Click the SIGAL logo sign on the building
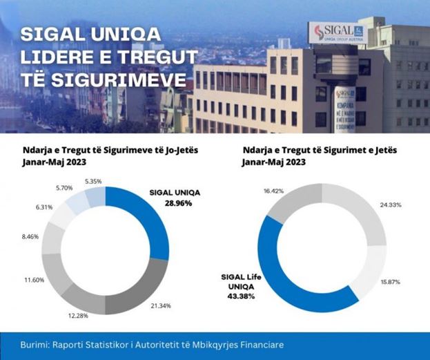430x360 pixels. pos(335,33)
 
